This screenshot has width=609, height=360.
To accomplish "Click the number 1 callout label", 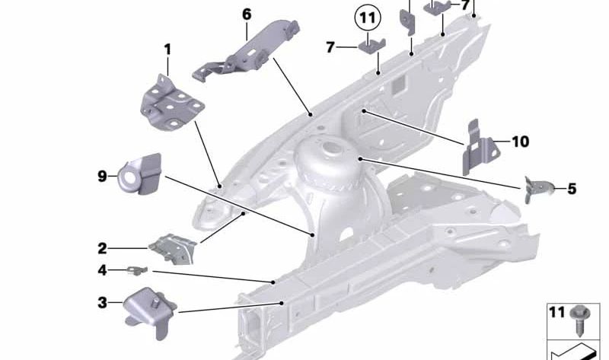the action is pos(167,49).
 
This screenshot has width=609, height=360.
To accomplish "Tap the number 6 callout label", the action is pos(247,14).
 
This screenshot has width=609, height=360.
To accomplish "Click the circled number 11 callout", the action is pos(368,18).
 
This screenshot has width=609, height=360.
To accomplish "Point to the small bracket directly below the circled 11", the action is pos(371,46).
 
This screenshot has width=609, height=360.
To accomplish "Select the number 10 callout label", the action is pos(521,142).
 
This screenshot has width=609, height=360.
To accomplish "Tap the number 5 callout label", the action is pos(572,189).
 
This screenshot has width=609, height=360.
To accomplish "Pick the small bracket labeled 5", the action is pos(538,189).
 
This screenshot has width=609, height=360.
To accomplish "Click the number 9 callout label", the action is pos(102,177).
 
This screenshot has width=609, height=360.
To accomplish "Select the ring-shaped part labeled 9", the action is pos(139,174).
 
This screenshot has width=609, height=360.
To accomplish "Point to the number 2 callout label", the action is pos(102,249).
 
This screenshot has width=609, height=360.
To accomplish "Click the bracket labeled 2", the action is pos(173,249).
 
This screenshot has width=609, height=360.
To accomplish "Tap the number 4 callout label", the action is pos(102,270).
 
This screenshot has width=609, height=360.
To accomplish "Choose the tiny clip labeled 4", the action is pos(138,270).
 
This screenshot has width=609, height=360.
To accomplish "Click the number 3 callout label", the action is pos(102,302).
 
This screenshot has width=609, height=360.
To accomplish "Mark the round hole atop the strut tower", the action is pos(331,148).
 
